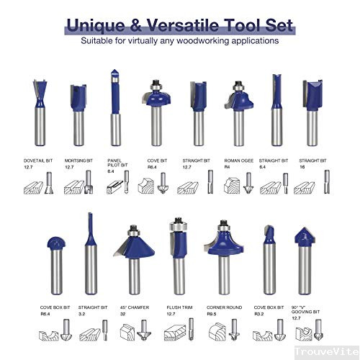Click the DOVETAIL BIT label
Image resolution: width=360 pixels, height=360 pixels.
38,161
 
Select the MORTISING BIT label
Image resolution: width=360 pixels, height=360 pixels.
80,161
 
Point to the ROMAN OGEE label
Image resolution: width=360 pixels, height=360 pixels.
238,161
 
